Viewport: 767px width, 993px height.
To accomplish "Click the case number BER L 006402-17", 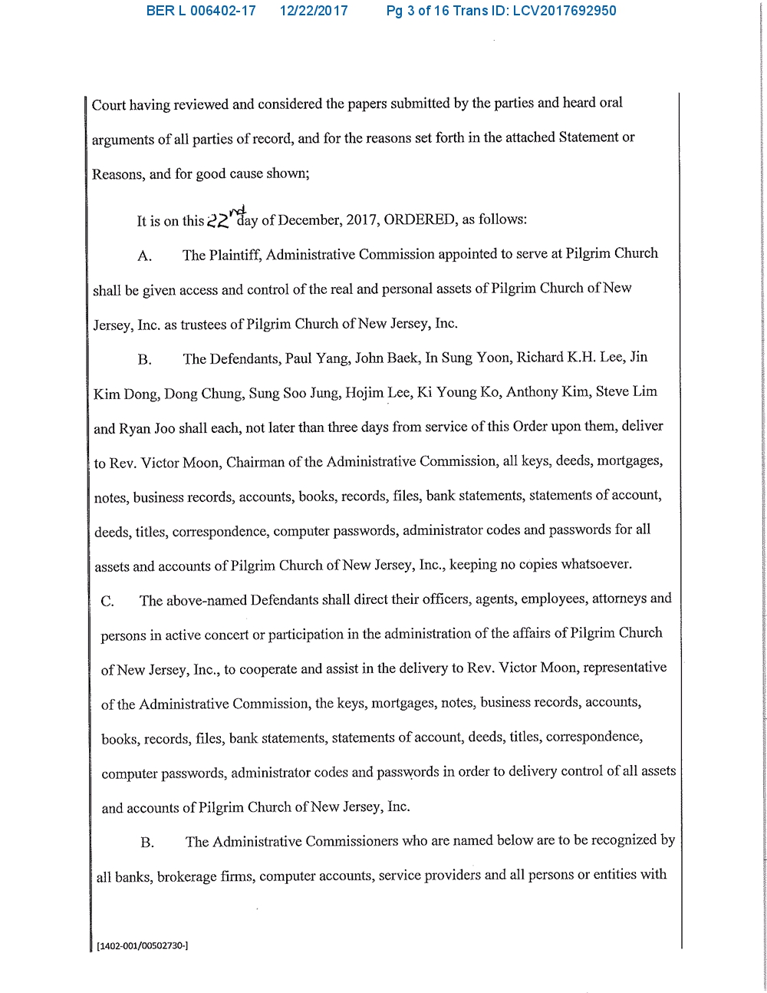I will point(201,11).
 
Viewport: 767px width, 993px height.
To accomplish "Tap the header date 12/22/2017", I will point(314,11).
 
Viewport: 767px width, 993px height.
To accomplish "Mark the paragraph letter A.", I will point(144,256).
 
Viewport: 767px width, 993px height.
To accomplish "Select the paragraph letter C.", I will point(107,601).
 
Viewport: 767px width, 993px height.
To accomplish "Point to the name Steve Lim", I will point(626,391).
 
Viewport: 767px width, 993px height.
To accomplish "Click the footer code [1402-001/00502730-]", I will point(143,945).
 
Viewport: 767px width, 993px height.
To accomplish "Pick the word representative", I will point(624,668).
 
